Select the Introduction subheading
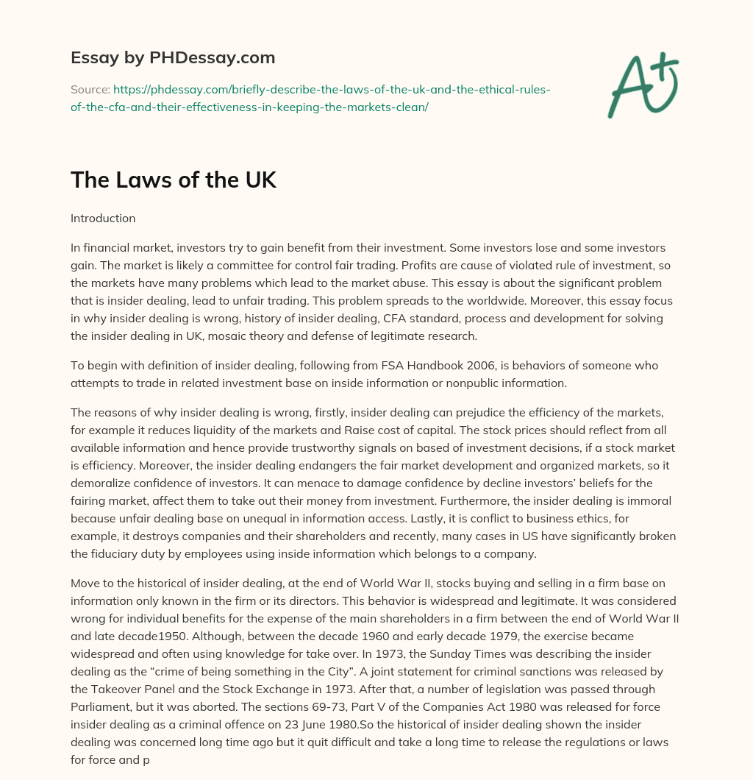click(x=103, y=219)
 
